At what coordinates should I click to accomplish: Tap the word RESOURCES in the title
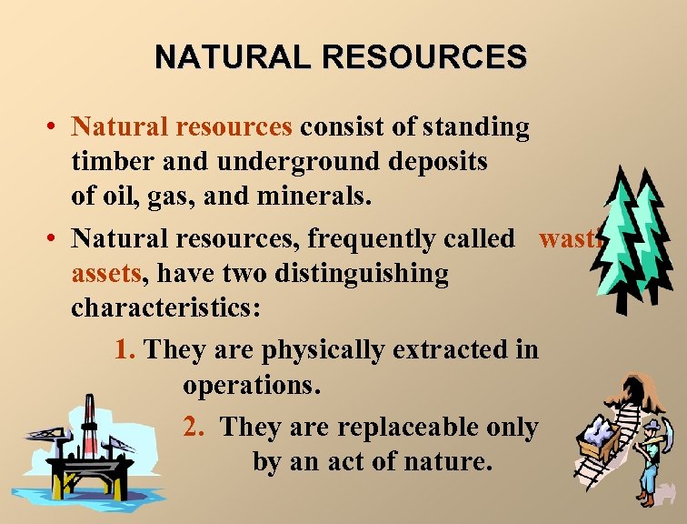[x=425, y=57]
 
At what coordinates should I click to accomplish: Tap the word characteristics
[x=165, y=307]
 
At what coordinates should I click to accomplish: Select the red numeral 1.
[x=125, y=349]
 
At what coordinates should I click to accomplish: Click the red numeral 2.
[x=193, y=427]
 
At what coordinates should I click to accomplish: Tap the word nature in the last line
[x=447, y=461]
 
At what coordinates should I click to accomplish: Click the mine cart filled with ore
[x=595, y=434]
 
